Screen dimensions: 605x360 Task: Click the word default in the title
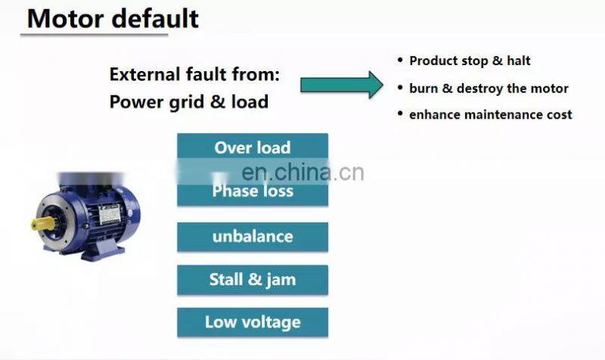156,18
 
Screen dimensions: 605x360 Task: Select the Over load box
253,147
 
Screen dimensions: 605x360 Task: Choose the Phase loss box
253,191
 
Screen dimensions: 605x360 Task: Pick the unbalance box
253,236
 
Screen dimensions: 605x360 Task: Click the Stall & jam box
253,280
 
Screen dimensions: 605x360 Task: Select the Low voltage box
253,322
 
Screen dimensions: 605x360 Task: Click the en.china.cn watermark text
306,172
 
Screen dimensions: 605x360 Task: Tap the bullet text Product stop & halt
470,61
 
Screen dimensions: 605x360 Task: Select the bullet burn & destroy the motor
489,88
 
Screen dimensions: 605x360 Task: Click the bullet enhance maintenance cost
490,115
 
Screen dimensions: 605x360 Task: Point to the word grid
182,101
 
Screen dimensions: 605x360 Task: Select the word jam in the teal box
281,280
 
